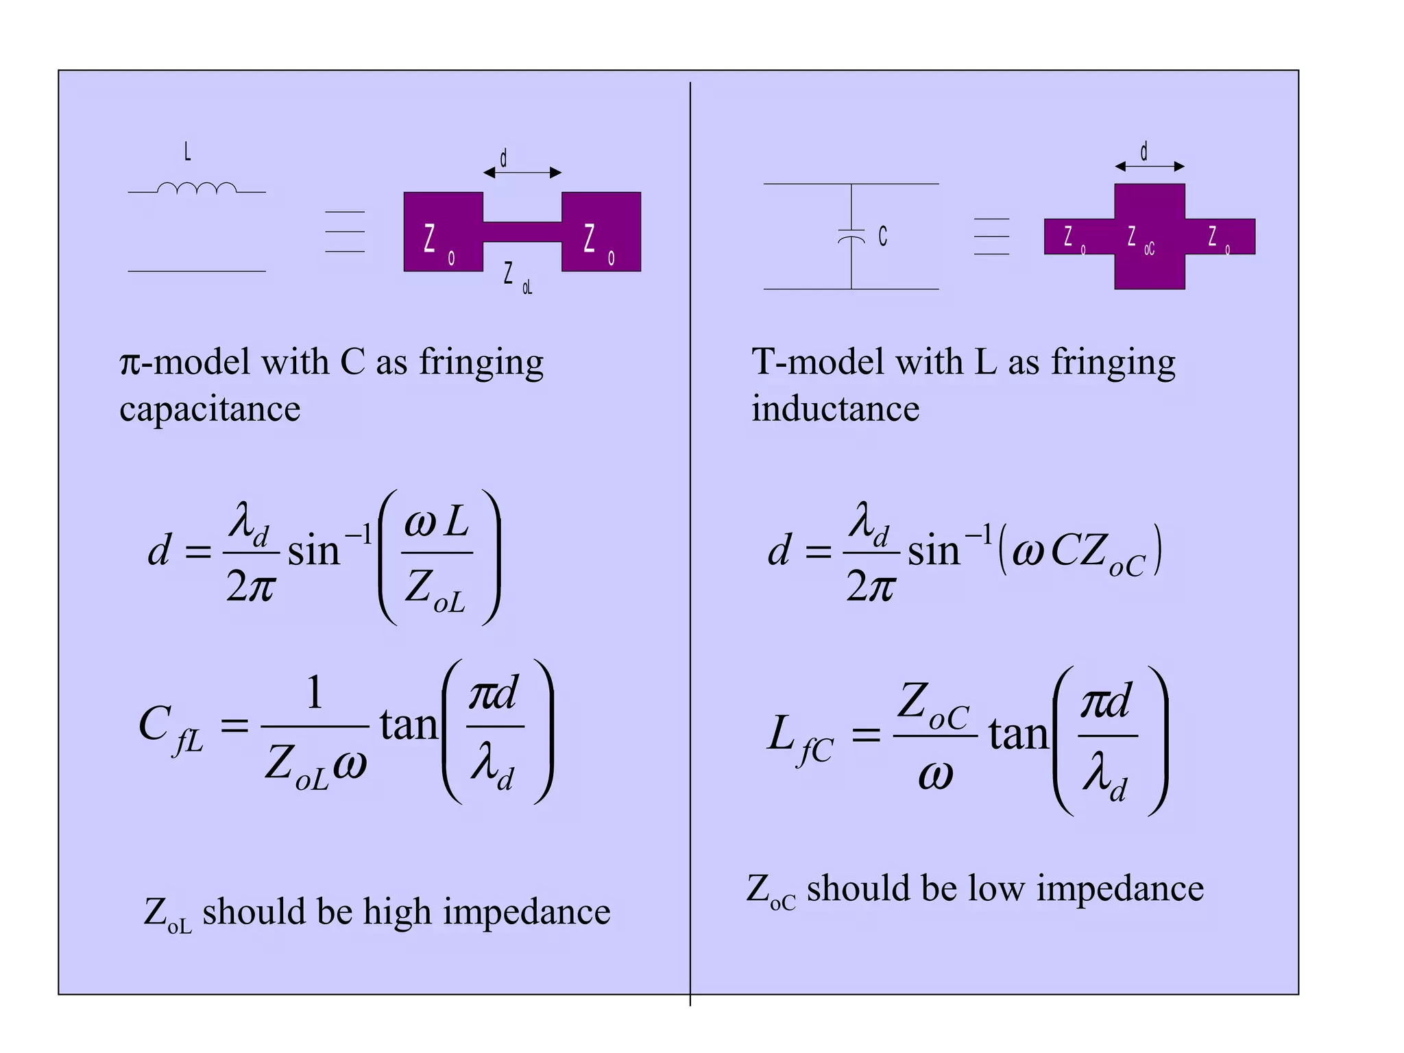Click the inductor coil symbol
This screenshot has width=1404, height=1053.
pos(197,189)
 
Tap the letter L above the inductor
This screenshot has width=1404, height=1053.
pos(187,152)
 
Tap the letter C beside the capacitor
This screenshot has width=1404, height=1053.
pos(883,237)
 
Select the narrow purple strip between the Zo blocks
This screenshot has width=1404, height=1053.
pos(522,232)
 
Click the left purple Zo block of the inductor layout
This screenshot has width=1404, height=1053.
pos(443,232)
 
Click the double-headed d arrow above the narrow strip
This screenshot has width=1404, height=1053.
pos(522,173)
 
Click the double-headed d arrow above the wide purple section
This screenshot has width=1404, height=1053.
pos(1150,166)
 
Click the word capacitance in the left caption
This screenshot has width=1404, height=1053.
pos(210,409)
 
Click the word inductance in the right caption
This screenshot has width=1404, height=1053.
pos(835,409)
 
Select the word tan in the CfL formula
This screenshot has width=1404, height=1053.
pos(409,725)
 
